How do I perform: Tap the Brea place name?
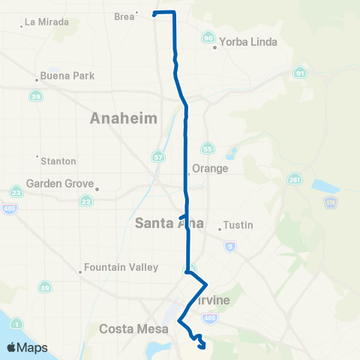pos(123,15)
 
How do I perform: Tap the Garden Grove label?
pos(60,184)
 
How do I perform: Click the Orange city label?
pos(210,169)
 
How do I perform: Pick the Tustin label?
pos(239,225)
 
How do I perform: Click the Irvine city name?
pos(212,301)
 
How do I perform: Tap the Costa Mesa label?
pos(131,328)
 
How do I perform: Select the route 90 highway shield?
pos(208,38)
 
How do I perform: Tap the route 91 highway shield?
pos(299,73)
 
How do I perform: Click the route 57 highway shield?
pos(157,156)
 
